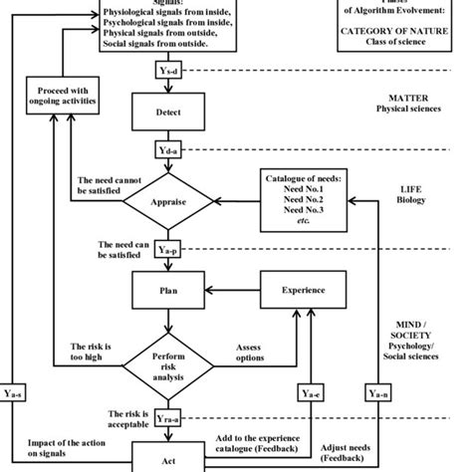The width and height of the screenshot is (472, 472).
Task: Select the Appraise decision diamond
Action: click(x=168, y=200)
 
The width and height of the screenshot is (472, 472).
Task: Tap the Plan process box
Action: click(x=168, y=291)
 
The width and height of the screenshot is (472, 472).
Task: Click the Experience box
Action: click(x=296, y=291)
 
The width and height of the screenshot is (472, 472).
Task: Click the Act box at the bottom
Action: click(x=168, y=459)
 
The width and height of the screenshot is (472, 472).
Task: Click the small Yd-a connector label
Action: click(x=168, y=150)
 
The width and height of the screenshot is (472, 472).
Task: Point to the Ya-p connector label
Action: click(x=168, y=250)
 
